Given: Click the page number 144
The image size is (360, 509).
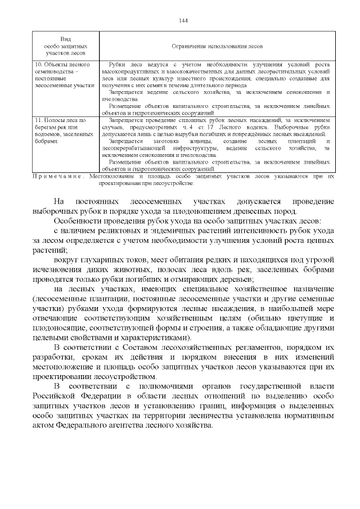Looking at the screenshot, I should coord(183,20).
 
